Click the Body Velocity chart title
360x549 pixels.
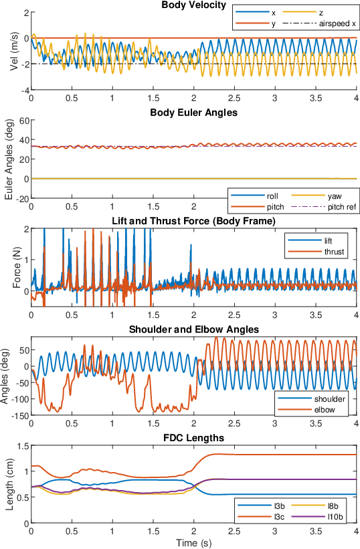pos(193,5)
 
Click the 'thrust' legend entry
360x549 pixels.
pos(316,252)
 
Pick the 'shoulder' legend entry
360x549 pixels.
pos(311,399)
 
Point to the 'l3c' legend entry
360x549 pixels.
pos(261,517)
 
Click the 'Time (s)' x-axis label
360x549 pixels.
pos(193,543)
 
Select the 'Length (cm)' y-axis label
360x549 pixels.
pos(10,485)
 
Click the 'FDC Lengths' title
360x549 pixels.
pos(193,438)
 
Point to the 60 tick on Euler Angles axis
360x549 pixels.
pos(25,120)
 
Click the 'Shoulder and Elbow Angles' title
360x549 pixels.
pos(194,330)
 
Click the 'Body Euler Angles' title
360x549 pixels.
pos(193,112)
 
